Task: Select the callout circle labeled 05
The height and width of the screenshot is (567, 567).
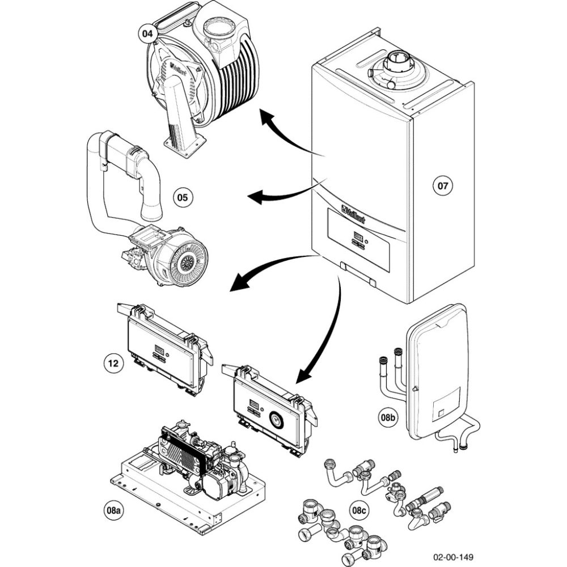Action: [182, 198]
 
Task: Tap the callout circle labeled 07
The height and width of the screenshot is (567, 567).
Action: [443, 185]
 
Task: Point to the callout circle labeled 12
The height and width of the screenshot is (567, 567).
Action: [114, 362]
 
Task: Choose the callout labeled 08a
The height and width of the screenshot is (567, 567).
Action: [115, 510]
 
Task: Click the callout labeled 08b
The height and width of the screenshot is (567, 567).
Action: [388, 418]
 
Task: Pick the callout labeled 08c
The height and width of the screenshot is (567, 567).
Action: [359, 510]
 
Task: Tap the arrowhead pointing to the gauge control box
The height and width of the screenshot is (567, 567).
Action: [303, 374]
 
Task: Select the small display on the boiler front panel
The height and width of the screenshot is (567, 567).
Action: [358, 234]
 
